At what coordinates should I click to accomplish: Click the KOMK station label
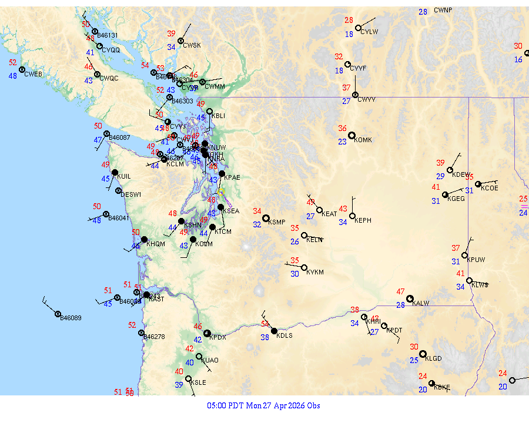tap(363, 140)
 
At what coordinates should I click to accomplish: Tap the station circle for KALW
tap(410, 298)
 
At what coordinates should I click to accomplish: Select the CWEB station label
tap(34, 74)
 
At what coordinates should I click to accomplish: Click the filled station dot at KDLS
tap(274, 331)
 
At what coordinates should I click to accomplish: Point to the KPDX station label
tap(218, 338)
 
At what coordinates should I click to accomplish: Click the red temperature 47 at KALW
tap(401, 291)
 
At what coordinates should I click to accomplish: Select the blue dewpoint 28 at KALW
tap(400, 305)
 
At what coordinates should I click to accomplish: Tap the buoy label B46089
tap(71, 318)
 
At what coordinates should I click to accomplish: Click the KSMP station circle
tap(266, 218)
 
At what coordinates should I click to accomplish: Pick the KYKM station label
tap(316, 273)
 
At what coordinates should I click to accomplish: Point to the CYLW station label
tap(369, 32)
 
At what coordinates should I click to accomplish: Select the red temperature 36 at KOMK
tap(343, 128)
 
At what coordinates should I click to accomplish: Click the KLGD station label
tap(434, 358)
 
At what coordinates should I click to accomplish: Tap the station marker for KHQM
tap(144, 239)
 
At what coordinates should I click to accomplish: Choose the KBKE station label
tap(442, 388)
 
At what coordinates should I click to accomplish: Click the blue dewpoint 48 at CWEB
tap(13, 76)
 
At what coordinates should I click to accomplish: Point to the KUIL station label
tap(124, 176)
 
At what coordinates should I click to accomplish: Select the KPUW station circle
tap(464, 256)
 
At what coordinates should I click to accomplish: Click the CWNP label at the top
tap(443, 10)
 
